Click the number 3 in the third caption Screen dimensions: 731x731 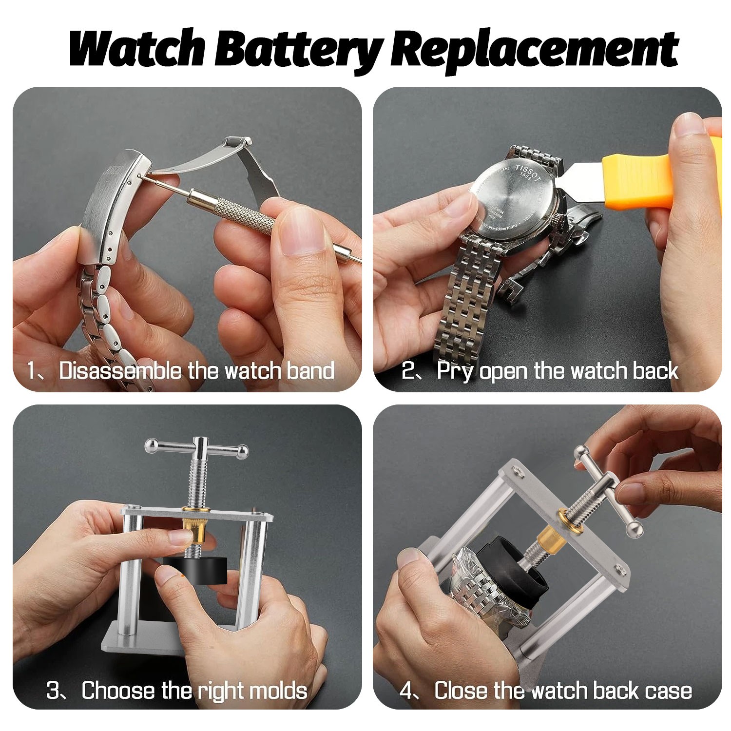pos(53,691)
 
